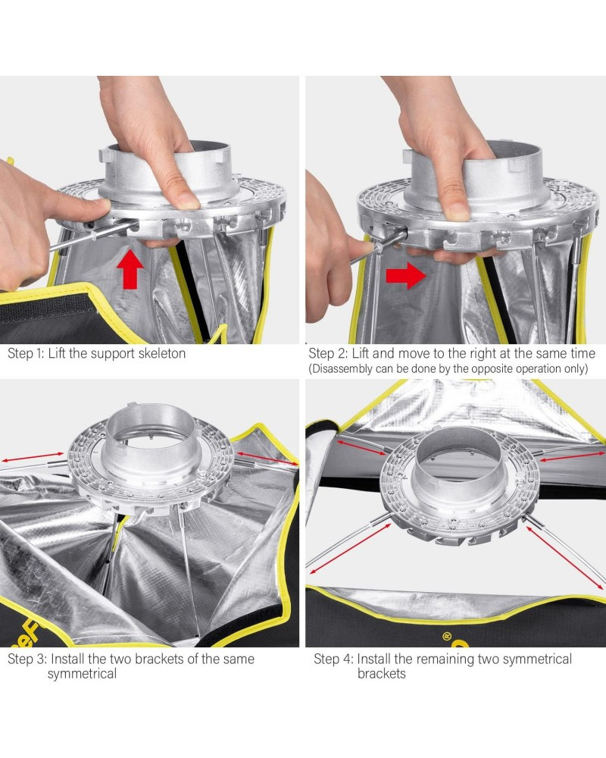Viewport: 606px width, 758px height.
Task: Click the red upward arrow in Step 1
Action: coord(130,269)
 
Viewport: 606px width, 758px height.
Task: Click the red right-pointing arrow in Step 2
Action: coord(405,276)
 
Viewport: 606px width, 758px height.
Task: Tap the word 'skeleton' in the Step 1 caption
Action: coord(162,353)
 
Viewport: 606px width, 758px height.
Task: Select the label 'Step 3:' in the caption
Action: coord(27,659)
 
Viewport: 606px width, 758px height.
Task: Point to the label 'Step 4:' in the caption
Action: coord(333,659)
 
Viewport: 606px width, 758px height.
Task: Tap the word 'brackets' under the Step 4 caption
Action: coord(381,674)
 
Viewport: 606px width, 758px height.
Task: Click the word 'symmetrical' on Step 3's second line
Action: coord(82,675)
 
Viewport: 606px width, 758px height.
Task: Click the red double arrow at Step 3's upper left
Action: coord(32,457)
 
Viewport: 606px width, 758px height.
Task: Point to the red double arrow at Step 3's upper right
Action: coord(267,458)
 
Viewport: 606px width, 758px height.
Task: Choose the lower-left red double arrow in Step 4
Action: coord(351,550)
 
